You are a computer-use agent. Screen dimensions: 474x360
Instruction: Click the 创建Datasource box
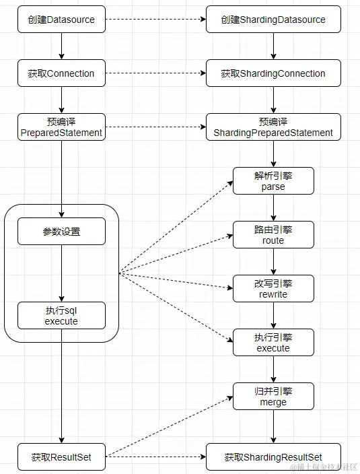click(x=61, y=20)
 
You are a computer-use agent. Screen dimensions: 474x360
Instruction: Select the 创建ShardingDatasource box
click(x=273, y=20)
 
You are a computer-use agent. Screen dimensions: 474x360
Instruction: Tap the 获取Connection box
click(x=61, y=73)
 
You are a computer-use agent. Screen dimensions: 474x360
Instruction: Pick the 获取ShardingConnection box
click(x=273, y=73)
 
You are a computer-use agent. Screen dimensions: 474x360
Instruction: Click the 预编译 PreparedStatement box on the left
click(x=61, y=127)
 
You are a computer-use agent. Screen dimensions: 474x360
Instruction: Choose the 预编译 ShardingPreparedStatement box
click(x=273, y=127)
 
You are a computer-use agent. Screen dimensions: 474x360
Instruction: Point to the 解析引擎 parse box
click(x=273, y=180)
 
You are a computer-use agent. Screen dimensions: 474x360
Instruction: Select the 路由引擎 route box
click(x=273, y=234)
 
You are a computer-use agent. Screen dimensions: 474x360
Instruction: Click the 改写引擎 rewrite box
click(x=273, y=288)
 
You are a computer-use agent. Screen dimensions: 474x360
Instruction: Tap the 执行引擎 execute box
click(x=273, y=342)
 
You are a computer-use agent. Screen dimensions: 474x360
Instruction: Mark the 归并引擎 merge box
click(x=273, y=396)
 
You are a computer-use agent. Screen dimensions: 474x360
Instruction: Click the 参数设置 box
click(x=61, y=231)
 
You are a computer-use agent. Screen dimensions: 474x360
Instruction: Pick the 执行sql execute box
click(x=61, y=315)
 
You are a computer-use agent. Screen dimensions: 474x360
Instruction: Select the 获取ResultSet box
click(x=61, y=457)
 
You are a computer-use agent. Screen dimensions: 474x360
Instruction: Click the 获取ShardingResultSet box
click(x=273, y=457)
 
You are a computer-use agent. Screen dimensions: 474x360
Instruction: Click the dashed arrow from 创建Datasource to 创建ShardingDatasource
click(x=155, y=20)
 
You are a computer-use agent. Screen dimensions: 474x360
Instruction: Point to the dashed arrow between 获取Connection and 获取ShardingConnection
click(x=155, y=73)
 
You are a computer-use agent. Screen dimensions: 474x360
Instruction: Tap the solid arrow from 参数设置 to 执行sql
click(x=61, y=273)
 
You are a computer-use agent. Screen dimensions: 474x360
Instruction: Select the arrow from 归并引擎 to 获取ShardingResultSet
click(x=273, y=426)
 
